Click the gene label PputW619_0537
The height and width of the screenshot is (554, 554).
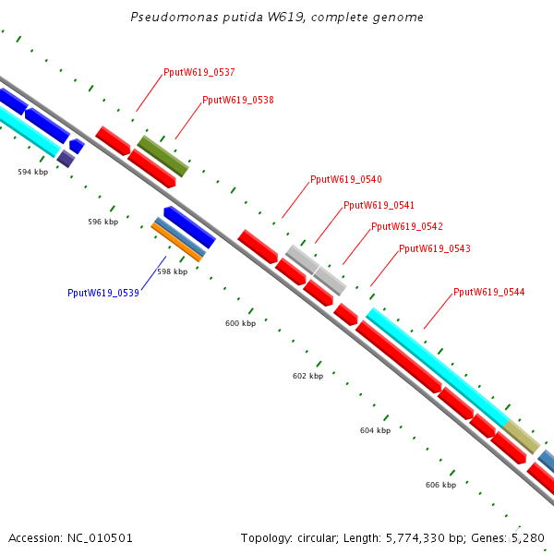point(199,72)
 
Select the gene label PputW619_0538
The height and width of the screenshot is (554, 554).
point(237,100)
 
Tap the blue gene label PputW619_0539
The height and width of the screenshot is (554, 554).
point(102,293)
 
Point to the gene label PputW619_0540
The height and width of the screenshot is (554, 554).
point(345,179)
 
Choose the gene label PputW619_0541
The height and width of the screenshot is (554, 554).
point(379,205)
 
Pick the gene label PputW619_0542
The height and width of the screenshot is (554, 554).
point(406,226)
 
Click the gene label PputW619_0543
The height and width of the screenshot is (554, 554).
point(434,248)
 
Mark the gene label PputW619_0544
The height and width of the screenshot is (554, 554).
point(488,292)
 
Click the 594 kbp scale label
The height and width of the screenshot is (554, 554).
point(32,172)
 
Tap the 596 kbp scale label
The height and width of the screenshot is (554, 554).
point(102,222)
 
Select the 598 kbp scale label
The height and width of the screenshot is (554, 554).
point(172,271)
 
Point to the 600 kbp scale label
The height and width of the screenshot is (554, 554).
point(240,323)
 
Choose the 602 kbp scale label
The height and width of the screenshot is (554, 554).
point(307,376)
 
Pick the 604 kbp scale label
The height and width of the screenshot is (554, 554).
point(375,430)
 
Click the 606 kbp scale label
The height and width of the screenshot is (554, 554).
point(440,485)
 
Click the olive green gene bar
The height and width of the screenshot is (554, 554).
point(163,155)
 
